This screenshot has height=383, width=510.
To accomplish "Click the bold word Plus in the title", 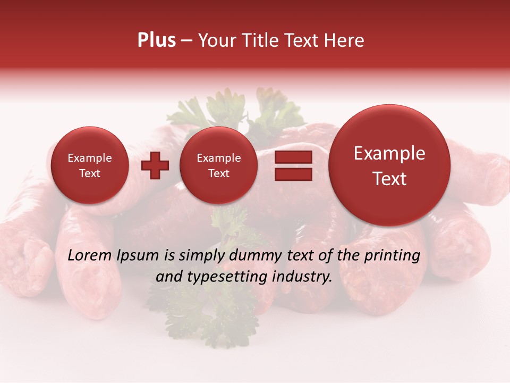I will click(156, 40).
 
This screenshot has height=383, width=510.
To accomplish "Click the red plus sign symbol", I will click(155, 165).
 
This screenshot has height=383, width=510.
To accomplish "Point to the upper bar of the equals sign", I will click(293, 157).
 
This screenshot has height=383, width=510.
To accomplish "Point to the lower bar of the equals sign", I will click(293, 174).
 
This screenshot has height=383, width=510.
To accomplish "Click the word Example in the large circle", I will click(389, 153).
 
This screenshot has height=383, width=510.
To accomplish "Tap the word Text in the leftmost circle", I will click(89, 173).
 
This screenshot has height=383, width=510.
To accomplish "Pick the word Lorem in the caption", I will click(90, 256).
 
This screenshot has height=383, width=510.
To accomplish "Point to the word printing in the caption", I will click(393, 256).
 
